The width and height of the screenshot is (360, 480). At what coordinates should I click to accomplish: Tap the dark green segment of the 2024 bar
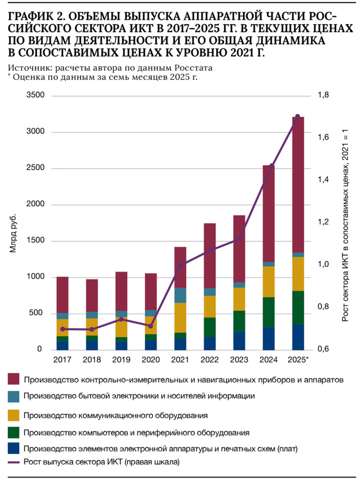tap(268, 312)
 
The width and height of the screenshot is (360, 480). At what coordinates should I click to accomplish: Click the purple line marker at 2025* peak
tap(298, 116)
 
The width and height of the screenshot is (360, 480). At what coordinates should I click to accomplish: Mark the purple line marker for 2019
tap(121, 319)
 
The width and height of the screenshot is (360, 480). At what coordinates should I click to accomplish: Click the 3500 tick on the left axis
tap(36, 96)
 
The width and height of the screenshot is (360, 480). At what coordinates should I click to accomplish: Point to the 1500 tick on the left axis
tap(36, 241)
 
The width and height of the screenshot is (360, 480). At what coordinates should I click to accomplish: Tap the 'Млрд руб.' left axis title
tap(14, 234)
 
